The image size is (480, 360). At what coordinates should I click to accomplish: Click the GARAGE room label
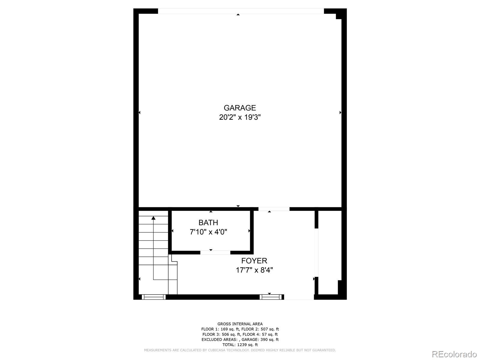[240, 108]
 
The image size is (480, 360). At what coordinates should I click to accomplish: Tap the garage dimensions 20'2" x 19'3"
[240, 117]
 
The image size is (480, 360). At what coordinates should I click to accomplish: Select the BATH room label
[208, 223]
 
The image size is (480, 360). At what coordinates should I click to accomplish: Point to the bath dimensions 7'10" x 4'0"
[208, 232]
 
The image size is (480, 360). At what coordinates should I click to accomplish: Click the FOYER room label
[254, 261]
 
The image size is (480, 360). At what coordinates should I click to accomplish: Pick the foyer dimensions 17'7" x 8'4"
[254, 270]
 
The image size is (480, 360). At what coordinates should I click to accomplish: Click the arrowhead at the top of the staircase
[153, 218]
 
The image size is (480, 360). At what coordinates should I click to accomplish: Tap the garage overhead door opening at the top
[241, 11]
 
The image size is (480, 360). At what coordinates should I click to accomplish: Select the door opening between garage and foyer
[274, 209]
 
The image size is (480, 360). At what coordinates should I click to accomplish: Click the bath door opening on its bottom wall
[215, 253]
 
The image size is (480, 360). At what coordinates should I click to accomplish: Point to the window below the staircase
[154, 297]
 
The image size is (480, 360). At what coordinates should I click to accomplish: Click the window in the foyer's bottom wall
[271, 297]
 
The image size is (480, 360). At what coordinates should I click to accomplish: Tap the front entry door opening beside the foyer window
[299, 297]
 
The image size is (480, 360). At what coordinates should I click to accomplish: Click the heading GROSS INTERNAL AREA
[240, 324]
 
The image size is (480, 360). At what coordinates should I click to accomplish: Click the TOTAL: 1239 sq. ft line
[240, 345]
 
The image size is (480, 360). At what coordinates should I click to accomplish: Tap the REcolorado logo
[454, 354]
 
